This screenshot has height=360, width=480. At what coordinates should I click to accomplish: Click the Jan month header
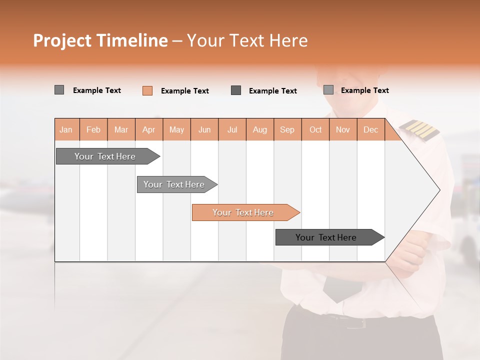coord(66,130)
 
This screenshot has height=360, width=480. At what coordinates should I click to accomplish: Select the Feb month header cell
coord(93,130)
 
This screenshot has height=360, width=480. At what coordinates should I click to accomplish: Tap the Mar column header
coord(121,130)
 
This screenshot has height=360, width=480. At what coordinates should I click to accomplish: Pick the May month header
coord(176,130)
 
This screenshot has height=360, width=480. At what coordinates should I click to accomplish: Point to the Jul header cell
coord(232,130)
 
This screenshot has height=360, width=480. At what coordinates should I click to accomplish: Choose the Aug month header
coord(259,130)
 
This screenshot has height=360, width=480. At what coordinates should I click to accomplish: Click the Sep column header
coord(287,130)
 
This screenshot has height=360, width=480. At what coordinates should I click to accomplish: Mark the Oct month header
coord(315,130)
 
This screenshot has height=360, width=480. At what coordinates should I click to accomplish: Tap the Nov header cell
coord(342,130)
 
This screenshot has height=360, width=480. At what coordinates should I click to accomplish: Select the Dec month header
coord(370,130)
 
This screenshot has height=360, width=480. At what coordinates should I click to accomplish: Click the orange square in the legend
coord(147,90)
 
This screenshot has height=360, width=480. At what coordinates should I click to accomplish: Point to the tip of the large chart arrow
coord(439,190)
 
